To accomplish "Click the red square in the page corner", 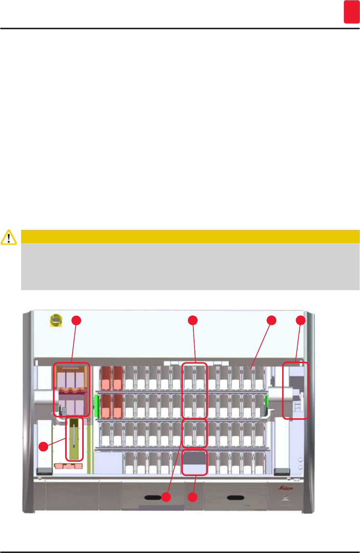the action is [351, 12].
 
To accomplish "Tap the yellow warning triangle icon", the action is [9, 237].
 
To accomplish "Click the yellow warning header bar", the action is [190, 236].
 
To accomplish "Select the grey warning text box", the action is [190, 266].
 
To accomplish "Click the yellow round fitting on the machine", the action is [56, 321].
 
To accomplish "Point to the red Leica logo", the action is [286, 488].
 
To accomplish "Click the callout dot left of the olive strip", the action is [44, 446].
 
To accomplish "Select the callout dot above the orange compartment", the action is [76, 321].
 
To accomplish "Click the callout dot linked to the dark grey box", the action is [193, 497].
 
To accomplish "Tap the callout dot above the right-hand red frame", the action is [300, 321].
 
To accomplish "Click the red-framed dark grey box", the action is [194, 462].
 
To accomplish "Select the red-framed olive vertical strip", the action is [74, 439].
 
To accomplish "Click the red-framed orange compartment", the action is [71, 389].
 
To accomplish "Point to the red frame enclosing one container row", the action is [194, 433].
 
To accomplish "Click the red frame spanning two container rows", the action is [194, 391].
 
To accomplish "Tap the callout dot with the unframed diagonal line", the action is [271, 321].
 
